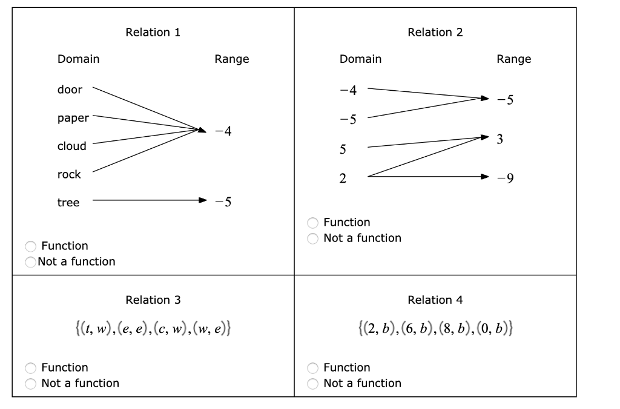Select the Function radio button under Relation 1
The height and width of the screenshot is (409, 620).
point(30,246)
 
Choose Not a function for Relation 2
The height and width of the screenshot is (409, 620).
point(312,238)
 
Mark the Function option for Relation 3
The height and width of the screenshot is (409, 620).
point(30,368)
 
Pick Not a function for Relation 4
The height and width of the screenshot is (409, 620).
point(312,384)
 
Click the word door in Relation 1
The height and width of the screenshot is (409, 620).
point(70,90)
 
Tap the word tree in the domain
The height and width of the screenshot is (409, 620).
point(68,203)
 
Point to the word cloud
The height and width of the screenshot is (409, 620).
point(72,146)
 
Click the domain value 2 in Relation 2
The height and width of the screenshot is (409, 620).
point(343,178)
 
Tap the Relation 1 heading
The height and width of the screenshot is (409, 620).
point(153,32)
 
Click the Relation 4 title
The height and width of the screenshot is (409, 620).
point(435,300)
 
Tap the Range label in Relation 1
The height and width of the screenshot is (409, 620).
point(231,59)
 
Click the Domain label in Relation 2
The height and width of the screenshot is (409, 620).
point(360,59)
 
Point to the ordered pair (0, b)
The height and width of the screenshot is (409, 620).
point(496,329)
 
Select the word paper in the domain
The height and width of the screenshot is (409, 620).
point(73,118)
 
